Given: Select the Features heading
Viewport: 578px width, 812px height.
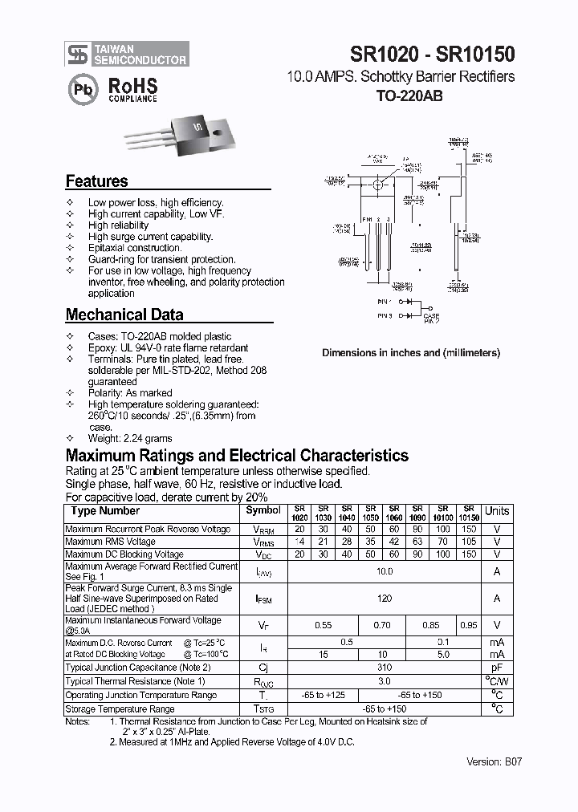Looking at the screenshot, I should click(96, 181).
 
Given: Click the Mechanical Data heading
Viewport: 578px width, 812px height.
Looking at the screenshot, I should click(124, 315).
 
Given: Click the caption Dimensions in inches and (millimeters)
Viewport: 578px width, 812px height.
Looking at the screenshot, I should click(411, 353).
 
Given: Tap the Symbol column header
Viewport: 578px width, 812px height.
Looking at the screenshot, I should click(263, 510).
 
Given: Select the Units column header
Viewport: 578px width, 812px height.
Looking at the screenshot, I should click(497, 511).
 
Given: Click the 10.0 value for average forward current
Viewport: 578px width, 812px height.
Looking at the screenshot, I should click(385, 571).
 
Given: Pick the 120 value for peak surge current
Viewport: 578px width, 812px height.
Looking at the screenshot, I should click(385, 599).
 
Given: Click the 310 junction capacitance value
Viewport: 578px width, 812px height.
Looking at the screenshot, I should click(385, 668).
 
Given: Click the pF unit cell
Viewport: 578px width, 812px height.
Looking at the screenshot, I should click(497, 668).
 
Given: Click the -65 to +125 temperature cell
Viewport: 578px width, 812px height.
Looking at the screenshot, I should click(323, 696).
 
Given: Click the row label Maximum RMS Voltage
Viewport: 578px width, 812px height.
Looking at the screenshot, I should click(111, 542).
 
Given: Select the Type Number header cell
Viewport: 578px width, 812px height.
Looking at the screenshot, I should click(105, 511).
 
